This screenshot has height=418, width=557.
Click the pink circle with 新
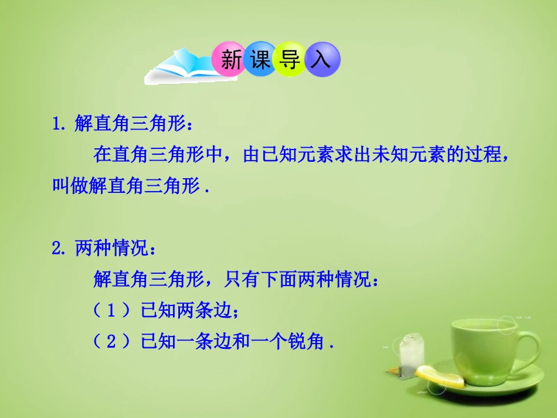(x=230, y=59)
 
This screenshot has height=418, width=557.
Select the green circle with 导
(x=290, y=59)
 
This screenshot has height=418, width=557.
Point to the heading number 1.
(x=59, y=124)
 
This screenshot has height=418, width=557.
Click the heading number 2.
(x=59, y=249)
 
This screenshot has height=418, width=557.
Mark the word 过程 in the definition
(x=484, y=155)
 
